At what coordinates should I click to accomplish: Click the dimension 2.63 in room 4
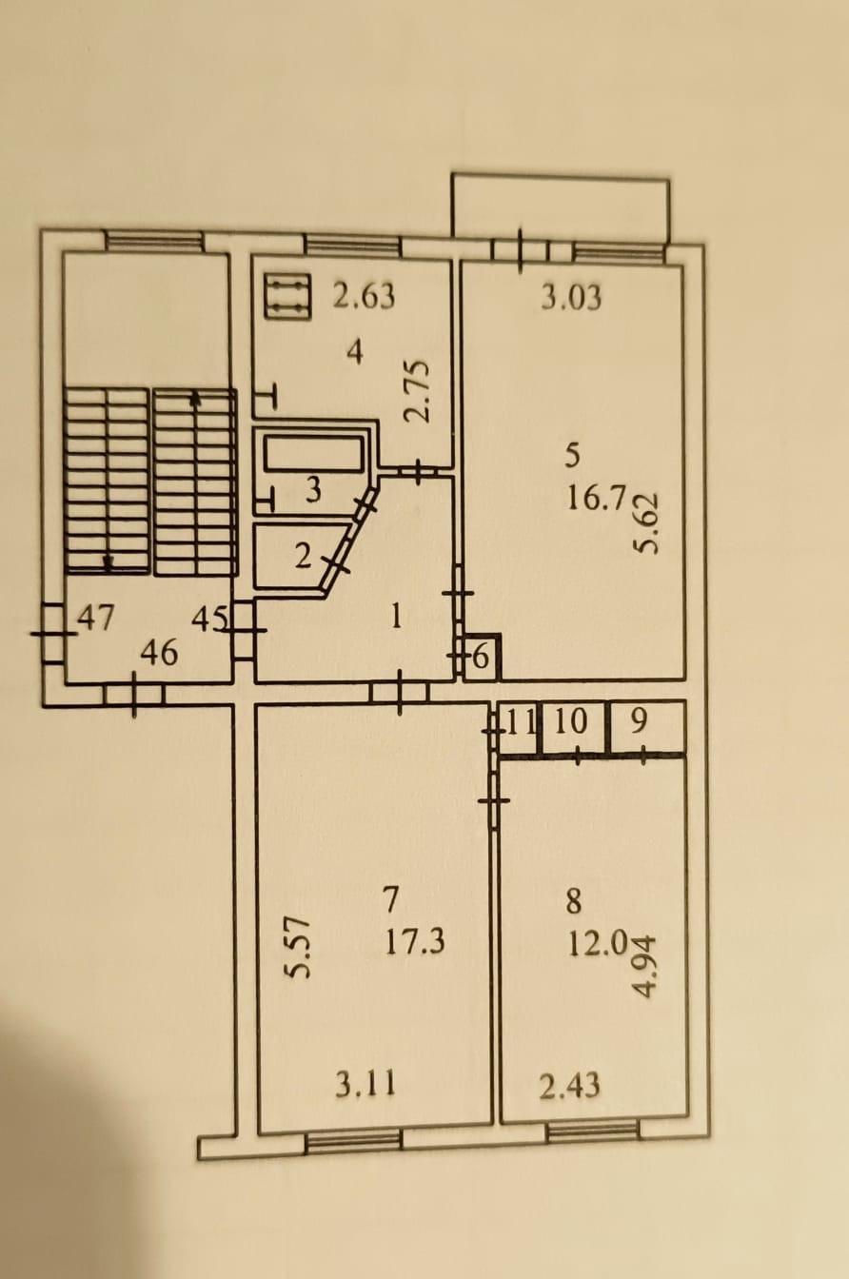click(x=364, y=296)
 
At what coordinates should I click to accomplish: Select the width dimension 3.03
click(x=571, y=298)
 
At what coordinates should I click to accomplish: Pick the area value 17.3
click(x=415, y=942)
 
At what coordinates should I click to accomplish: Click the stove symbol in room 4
click(x=287, y=296)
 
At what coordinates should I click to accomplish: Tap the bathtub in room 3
click(x=313, y=453)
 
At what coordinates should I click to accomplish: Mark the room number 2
click(x=303, y=556)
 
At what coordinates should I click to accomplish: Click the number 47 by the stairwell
click(x=96, y=618)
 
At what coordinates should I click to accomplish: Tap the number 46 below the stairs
click(x=159, y=652)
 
